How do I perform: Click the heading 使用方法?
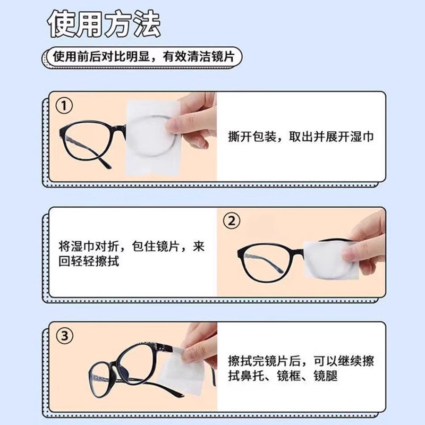click(103, 25)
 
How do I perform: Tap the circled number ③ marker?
click(64, 336)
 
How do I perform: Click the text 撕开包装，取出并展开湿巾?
click(300, 137)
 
